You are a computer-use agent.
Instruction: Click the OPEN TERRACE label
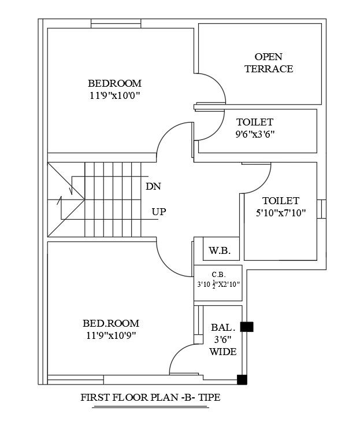269,63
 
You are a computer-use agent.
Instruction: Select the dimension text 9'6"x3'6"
255,135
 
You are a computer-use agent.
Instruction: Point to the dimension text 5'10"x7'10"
281,213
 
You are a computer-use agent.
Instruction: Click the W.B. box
220,251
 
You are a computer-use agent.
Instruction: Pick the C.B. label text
218,274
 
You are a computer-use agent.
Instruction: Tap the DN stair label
153,187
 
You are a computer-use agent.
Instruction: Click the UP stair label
159,212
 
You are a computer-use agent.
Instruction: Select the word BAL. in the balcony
222,327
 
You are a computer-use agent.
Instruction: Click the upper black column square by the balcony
247,327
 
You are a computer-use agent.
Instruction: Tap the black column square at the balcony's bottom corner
242,380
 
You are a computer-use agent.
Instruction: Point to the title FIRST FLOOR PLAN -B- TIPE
150,398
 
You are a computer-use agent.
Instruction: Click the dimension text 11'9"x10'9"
111,335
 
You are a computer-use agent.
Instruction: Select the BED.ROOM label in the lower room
111,324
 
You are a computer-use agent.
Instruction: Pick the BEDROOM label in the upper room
114,83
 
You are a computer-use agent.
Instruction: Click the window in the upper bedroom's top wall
115,23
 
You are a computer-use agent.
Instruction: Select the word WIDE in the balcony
222,352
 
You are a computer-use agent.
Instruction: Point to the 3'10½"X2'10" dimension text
218,284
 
